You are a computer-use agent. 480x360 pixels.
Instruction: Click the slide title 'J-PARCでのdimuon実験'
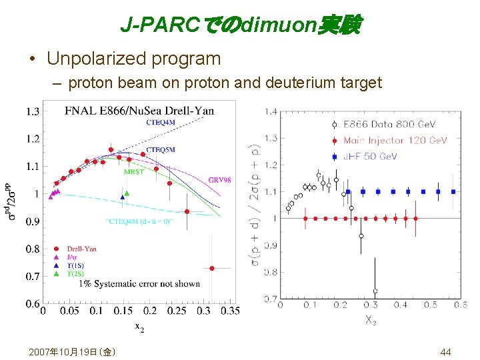[x=240, y=25]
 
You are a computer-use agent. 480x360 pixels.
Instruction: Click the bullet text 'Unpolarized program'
[x=133, y=59]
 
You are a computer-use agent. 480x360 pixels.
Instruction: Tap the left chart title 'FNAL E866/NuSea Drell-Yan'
[x=139, y=111]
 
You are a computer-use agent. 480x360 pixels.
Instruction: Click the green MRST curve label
[x=134, y=171]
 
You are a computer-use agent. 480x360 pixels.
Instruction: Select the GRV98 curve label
[x=219, y=179]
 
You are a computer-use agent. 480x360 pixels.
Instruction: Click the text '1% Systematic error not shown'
[x=139, y=284]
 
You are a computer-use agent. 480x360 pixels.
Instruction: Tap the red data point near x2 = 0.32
[x=212, y=268]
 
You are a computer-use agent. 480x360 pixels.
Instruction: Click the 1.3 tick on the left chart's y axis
[x=32, y=111]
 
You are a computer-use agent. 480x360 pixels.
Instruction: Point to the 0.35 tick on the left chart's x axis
[x=230, y=311]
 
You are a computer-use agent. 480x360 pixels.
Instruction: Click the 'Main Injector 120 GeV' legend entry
[x=395, y=140]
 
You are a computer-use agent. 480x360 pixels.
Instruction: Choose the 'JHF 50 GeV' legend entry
[x=370, y=156]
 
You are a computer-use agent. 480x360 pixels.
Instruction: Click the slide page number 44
[x=445, y=351]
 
